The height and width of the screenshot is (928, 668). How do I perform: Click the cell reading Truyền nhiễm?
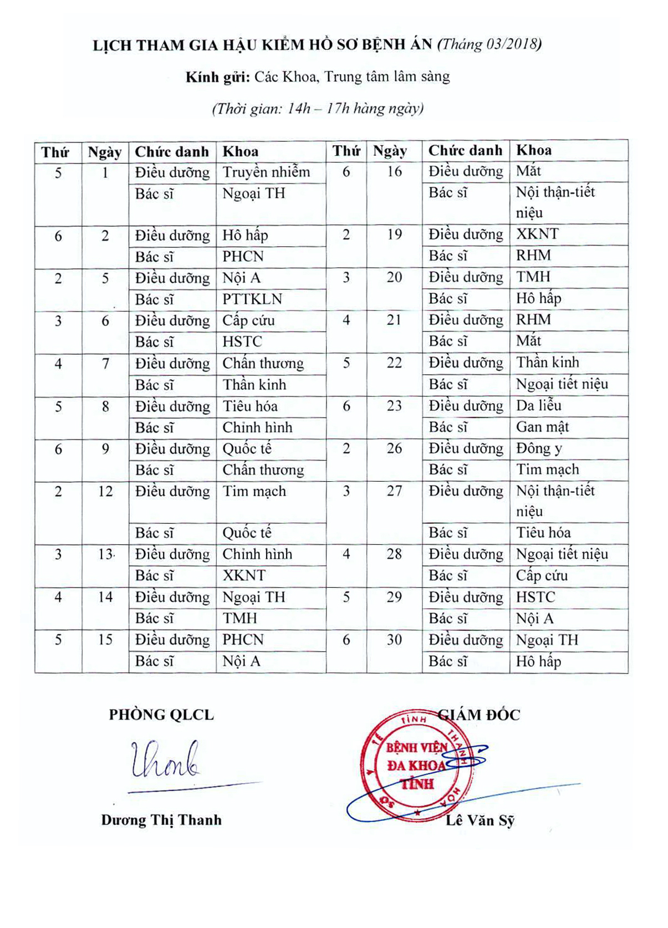point(266,172)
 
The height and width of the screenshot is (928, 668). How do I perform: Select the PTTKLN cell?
point(252,299)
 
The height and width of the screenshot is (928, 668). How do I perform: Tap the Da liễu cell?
point(539,406)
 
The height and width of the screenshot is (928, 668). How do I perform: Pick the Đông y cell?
point(539,448)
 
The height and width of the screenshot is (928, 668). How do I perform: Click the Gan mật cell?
point(542,427)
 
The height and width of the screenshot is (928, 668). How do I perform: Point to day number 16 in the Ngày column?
point(394,172)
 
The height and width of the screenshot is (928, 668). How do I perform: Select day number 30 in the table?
point(394,640)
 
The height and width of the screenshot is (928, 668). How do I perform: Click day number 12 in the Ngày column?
point(105,492)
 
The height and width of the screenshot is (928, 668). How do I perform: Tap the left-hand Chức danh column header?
point(172,152)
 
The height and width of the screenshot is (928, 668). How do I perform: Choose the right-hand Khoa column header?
point(534,150)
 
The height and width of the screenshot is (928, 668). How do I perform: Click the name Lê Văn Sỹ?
point(480,820)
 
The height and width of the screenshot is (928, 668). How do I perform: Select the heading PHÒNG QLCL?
point(161,715)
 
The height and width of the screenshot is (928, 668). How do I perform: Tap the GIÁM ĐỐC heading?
point(479,715)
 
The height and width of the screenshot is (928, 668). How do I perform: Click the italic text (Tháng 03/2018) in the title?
point(489,44)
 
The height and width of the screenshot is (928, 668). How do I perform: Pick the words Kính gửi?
point(218,77)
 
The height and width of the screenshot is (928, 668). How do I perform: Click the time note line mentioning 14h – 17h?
point(318,109)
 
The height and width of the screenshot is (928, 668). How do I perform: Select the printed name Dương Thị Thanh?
point(161,820)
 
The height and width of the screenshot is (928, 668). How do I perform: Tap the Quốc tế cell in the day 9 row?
point(247,449)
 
